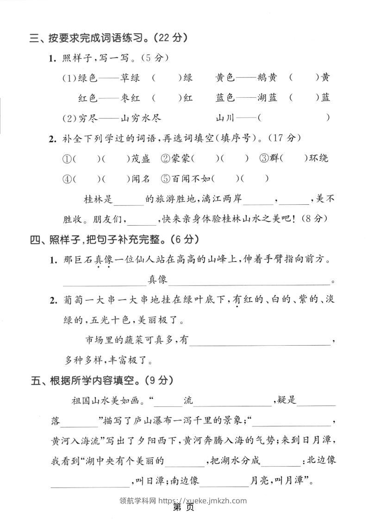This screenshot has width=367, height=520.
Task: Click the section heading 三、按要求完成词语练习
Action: [x=108, y=38]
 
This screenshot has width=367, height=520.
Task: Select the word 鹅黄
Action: [x=268, y=78]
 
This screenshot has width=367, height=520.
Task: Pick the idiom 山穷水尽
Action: [x=141, y=118]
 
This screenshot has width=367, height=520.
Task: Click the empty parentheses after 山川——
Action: [x=294, y=118]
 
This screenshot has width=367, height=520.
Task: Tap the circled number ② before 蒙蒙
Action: [x=165, y=159]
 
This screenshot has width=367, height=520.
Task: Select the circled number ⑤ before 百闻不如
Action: [x=165, y=178]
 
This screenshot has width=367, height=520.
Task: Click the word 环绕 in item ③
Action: [x=319, y=159]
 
